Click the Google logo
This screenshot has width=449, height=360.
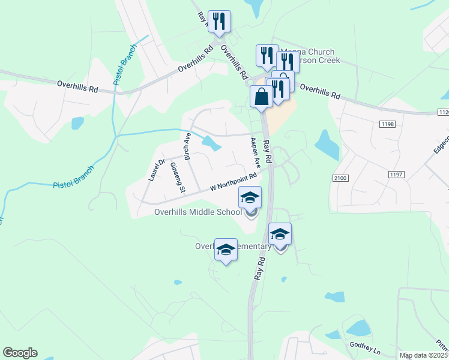click(x=20, y=353)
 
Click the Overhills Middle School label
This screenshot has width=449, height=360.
click(x=198, y=211)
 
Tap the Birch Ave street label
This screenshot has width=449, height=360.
click(x=187, y=146)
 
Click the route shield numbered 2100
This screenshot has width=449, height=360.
click(x=339, y=178)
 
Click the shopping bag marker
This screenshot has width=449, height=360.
click(x=262, y=97)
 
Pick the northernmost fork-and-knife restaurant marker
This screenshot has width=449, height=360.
click(x=218, y=22)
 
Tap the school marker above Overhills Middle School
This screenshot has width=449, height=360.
click(x=250, y=197)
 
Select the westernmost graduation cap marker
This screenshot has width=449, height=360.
click(x=226, y=250)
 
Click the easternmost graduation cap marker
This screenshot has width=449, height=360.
click(x=280, y=234)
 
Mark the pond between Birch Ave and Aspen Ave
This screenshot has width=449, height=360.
click(x=210, y=143)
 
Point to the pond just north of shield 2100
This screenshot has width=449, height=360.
click(x=327, y=145)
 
